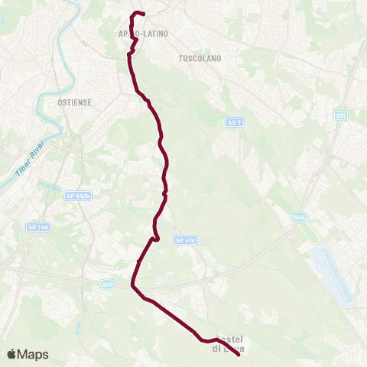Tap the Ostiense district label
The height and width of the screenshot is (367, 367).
coord(74,101)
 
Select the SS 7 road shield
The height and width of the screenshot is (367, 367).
coord(234,122)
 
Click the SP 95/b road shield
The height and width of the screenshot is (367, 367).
coord(78,196)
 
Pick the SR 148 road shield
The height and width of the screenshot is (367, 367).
coord(36,227)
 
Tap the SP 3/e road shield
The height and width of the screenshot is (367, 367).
coord(186,239)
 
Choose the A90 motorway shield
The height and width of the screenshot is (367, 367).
coord(108,284)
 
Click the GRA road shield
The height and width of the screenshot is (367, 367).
coord(298,217)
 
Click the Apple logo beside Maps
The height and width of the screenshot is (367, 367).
coord(11,354)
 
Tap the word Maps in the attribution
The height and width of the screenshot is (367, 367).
coord(33,354)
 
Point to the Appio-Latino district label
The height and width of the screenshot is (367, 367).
coord(143,34)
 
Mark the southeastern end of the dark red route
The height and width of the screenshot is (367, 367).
coord(239,352)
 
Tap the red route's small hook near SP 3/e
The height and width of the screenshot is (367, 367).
coord(156,239)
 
